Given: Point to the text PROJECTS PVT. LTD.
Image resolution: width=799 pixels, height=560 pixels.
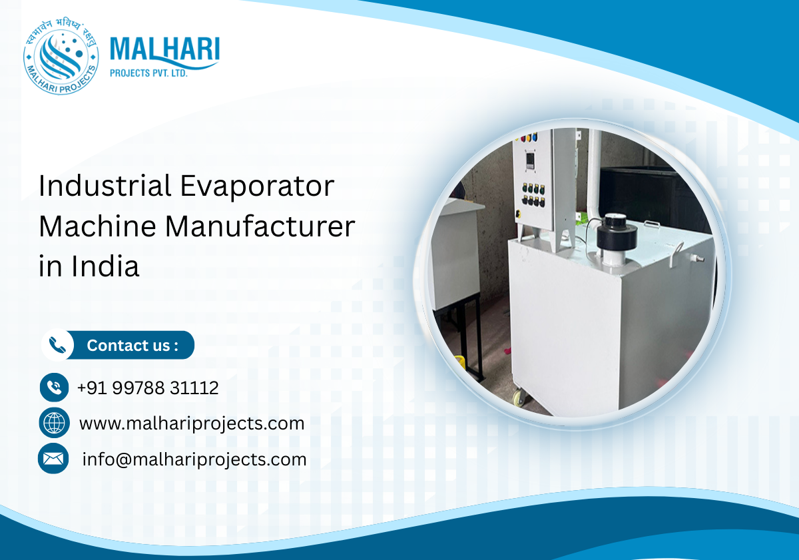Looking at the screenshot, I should [x=148, y=73].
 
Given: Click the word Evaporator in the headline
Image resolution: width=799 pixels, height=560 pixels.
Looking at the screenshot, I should [x=257, y=186].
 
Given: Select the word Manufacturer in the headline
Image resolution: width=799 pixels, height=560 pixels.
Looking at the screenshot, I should [x=260, y=226].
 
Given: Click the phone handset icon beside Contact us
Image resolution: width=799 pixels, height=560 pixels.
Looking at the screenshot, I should [x=59, y=345].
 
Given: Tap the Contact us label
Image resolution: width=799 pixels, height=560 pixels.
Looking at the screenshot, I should [x=133, y=346].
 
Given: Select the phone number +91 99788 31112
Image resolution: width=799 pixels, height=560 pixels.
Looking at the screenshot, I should [x=148, y=388].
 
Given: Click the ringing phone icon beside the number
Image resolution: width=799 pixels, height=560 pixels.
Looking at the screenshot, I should [x=54, y=388].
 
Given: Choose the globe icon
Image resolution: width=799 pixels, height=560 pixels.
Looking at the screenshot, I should [x=54, y=423].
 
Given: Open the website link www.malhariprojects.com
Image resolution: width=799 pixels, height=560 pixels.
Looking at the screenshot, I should [x=192, y=423].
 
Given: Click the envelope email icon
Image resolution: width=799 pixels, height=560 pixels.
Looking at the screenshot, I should [x=54, y=459].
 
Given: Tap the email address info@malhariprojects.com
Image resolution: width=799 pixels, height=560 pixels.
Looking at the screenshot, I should [x=194, y=459].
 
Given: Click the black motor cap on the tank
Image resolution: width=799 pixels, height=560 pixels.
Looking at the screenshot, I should [x=616, y=233].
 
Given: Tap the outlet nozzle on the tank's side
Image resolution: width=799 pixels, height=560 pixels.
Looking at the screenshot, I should [x=696, y=258].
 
